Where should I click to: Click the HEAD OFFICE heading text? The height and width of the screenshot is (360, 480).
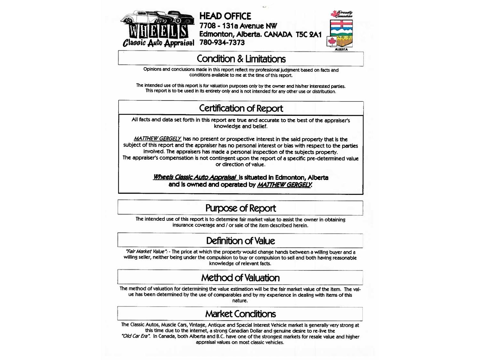pos(225,16)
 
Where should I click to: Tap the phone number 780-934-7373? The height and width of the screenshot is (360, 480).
pos(222,43)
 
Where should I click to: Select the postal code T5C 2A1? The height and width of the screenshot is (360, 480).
pos(308,34)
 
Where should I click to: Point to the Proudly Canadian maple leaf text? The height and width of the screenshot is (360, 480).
pos(342,14)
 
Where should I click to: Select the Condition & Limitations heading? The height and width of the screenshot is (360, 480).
pos(241,59)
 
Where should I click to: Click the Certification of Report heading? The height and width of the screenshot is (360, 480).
pos(241,108)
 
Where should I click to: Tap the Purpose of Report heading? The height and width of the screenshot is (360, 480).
pos(240,208)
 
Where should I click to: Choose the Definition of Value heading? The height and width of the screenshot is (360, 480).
pos(240,241)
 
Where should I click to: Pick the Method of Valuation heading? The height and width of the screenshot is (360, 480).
pos(240,278)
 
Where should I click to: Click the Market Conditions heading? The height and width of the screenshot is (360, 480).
pos(240,314)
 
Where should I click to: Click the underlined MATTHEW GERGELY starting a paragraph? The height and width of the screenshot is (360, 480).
pos(157,139)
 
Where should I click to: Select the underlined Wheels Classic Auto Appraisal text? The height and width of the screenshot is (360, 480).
pos(195,177)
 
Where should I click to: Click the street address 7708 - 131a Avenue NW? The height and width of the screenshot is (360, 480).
pos(238,26)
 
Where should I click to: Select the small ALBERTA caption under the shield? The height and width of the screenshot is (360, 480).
pos(341,50)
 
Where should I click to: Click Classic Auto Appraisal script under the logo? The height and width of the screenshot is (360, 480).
pos(158,43)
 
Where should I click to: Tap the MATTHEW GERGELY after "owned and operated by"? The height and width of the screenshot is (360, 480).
pos(284,185)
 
